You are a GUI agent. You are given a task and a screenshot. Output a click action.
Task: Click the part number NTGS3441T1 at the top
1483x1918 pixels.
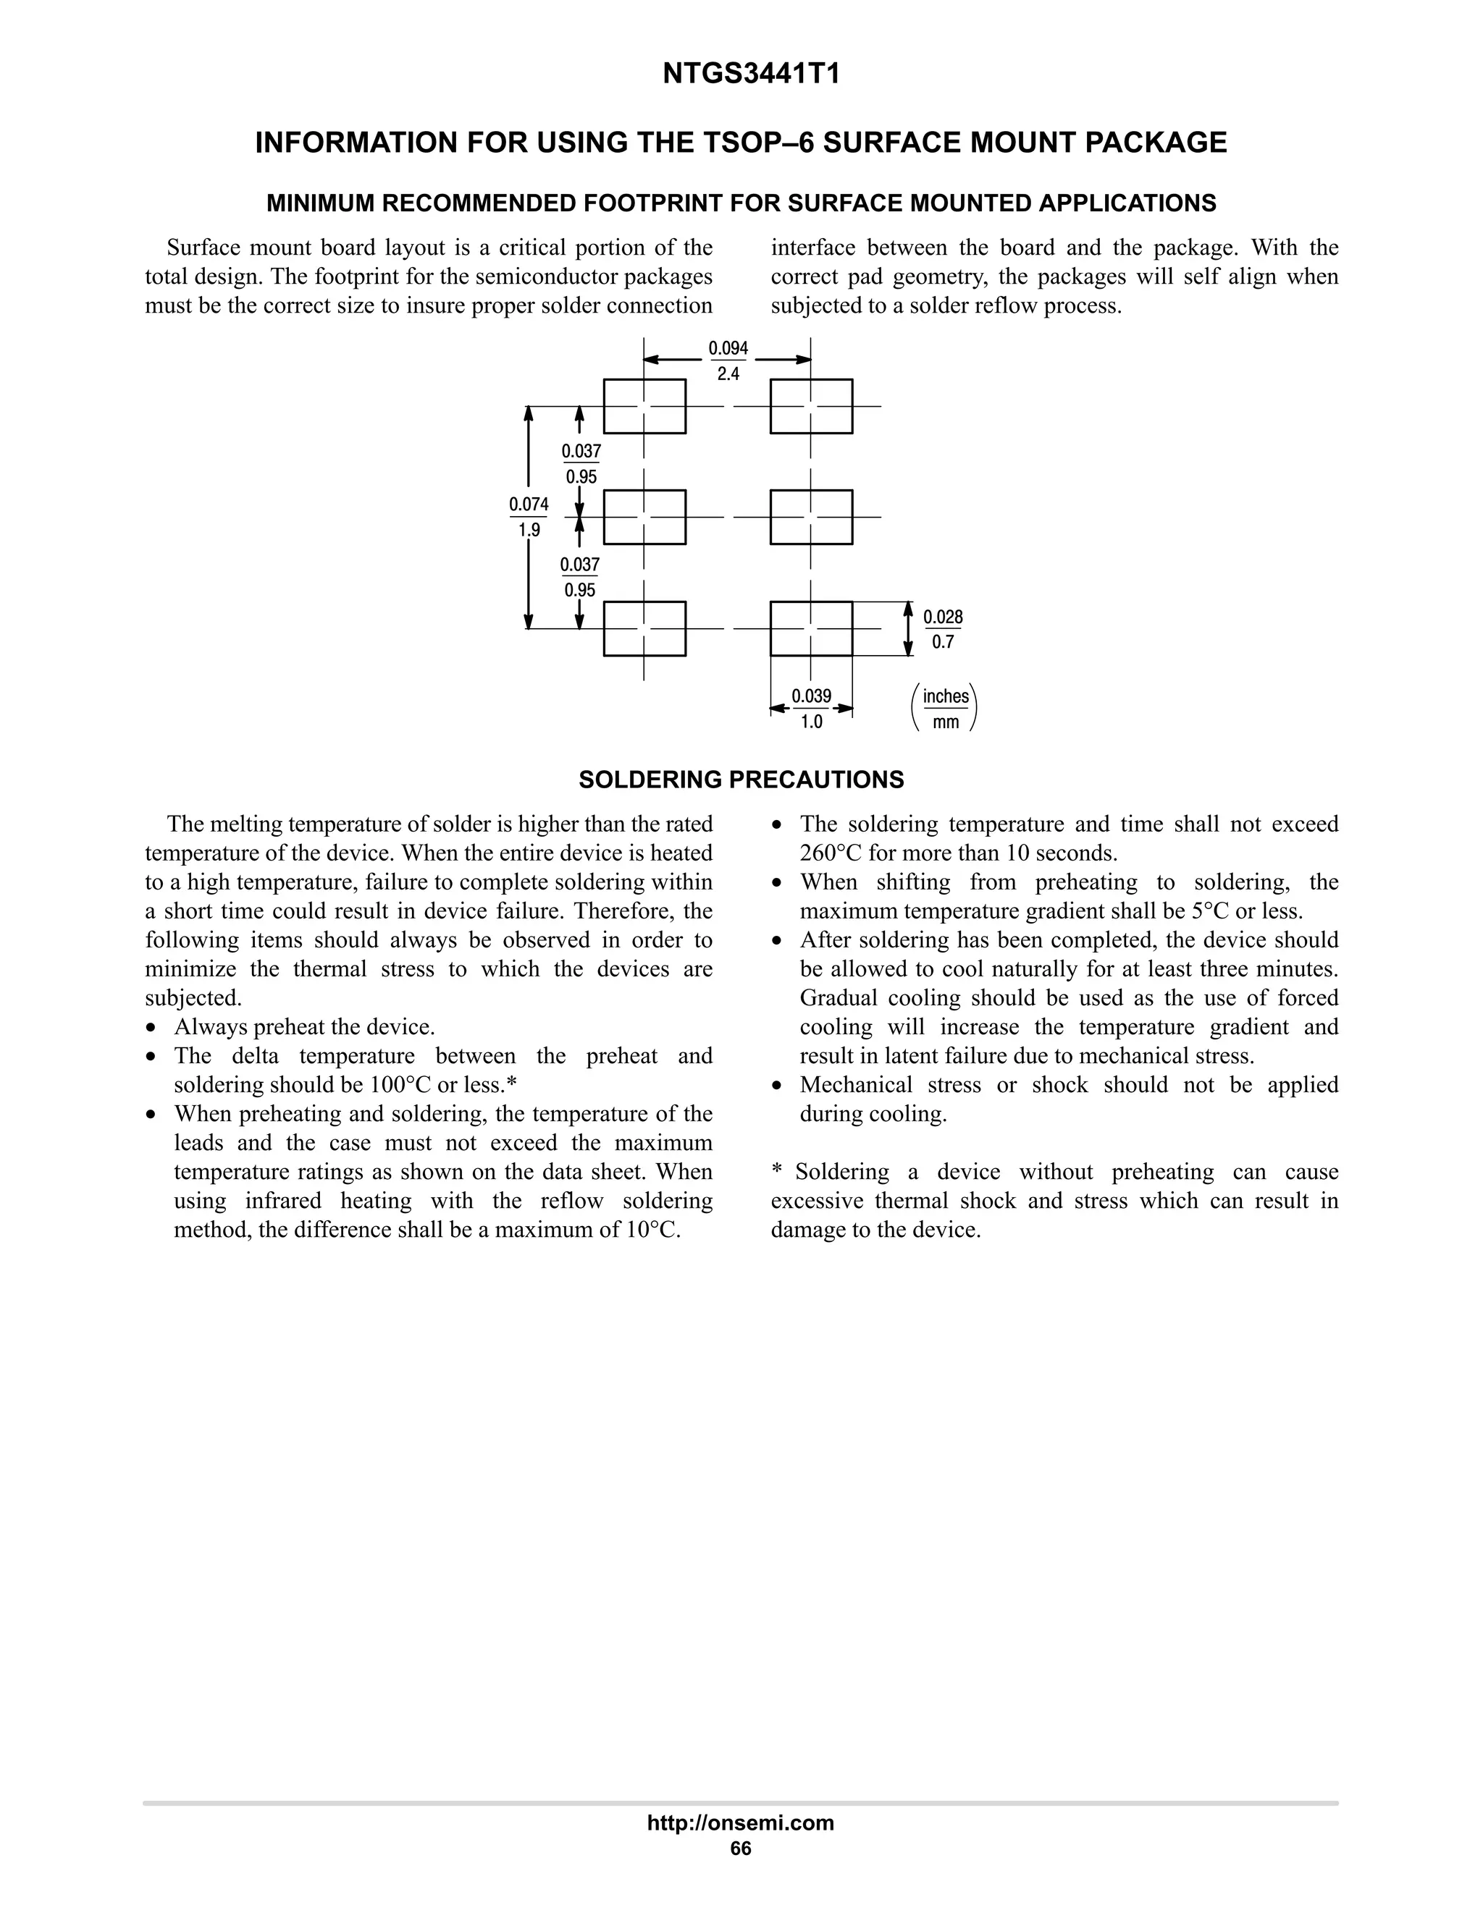(x=751, y=75)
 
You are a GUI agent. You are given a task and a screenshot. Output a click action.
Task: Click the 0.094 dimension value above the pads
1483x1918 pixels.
(x=728, y=349)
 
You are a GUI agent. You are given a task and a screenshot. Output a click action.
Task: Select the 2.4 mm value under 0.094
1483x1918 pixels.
(x=728, y=374)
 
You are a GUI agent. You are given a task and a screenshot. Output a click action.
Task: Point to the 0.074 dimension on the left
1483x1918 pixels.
(x=529, y=504)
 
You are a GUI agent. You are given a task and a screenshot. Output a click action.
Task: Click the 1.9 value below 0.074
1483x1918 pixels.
(x=529, y=531)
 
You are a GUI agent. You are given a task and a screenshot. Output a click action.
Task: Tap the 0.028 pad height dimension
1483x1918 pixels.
(x=943, y=617)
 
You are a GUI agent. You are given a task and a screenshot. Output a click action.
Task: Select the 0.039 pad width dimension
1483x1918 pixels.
(x=811, y=696)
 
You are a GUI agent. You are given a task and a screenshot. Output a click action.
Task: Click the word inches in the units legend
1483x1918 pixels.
(x=945, y=696)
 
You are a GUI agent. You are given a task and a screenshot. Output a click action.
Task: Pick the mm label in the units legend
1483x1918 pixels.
(x=945, y=723)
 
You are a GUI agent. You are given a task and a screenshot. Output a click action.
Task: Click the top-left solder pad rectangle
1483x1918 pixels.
(x=645, y=406)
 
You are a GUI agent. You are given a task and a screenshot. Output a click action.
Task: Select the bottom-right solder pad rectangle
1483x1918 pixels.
(x=811, y=628)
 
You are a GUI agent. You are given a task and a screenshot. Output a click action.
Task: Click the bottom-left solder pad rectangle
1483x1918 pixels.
(x=645, y=628)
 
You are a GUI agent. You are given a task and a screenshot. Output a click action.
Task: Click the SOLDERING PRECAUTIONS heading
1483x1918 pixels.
(x=741, y=780)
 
